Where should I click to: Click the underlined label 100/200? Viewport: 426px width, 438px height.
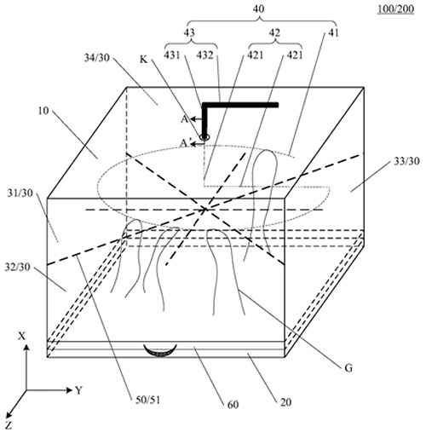coord(395,9)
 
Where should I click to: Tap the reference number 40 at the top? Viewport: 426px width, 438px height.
coord(258,9)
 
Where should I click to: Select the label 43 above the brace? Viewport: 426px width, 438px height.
coord(189,32)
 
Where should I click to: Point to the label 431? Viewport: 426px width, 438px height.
coord(172,55)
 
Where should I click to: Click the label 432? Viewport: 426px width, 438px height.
coord(204,55)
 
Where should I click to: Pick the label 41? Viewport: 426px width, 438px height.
coord(333,32)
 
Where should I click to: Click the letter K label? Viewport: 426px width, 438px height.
coord(144,60)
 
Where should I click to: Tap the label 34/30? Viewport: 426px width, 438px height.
coord(97,58)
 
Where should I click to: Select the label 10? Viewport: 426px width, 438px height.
coord(43,111)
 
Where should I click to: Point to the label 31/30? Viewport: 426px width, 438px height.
coord(20,193)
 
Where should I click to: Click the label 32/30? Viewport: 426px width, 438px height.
coord(17,267)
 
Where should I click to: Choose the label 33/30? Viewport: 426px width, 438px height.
coord(406,161)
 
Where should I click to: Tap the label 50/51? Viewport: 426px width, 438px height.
coord(147,400)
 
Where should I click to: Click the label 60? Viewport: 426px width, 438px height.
coord(233,405)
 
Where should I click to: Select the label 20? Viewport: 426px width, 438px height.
coord(285,402)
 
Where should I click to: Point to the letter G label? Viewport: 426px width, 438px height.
coord(348,368)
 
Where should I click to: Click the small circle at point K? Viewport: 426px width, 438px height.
coord(204,137)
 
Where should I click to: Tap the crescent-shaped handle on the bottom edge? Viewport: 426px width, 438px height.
coord(160,351)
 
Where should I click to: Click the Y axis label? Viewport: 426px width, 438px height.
coord(78,390)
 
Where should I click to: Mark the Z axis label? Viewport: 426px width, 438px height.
coord(9,425)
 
